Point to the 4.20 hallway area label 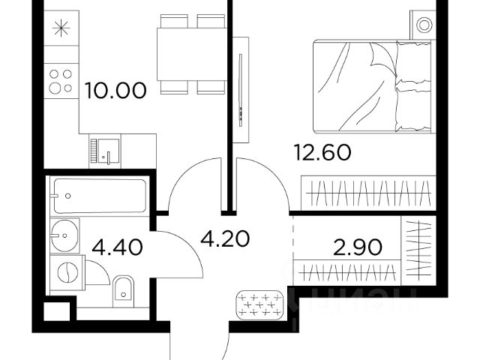[225, 240]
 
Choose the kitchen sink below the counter [105, 150]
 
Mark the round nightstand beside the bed [424, 25]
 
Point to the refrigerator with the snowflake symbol [61, 28]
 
